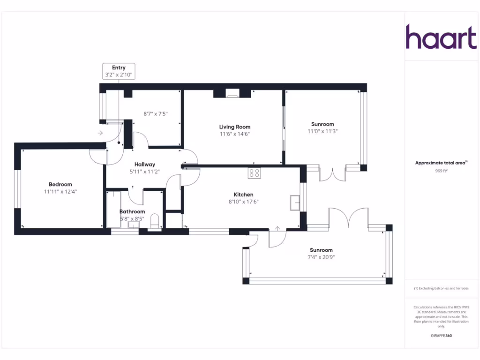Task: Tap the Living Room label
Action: pos(235,127)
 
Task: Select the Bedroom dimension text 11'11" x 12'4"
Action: pos(60,192)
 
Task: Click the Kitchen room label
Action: pos(244,195)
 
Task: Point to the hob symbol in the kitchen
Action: pos(255,173)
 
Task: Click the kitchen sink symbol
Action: pos(295,203)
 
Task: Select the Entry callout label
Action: pos(119,68)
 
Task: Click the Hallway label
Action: pos(144,165)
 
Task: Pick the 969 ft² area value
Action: pos(442,171)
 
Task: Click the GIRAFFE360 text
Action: pos(442,336)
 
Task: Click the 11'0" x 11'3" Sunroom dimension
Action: pos(322,132)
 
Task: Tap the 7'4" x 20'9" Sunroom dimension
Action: pos(321,257)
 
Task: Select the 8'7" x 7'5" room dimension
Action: pos(155,113)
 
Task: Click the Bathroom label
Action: pos(132,211)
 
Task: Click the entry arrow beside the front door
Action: pos(100,133)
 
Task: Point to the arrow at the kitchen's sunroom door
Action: pos(277,229)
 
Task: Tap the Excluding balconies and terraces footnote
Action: pos(442,288)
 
